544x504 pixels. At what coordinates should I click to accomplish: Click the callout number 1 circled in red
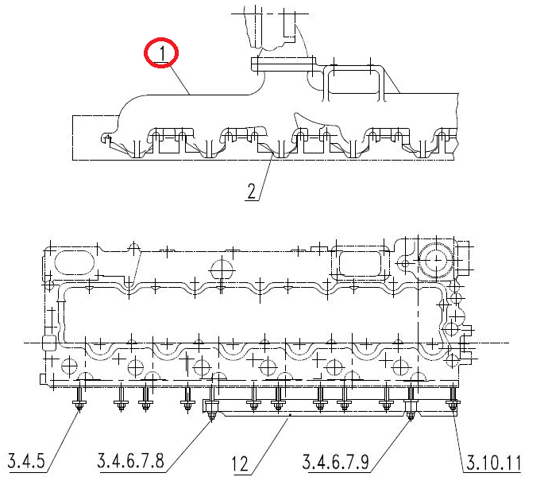coord(162,54)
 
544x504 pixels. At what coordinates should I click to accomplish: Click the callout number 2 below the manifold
coord(252,191)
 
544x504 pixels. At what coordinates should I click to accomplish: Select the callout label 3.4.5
coord(26,461)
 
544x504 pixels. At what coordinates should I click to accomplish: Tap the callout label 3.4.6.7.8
coord(130,461)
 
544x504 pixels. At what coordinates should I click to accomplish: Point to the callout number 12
coord(240,463)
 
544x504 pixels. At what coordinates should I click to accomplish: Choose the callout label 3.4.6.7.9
coord(335,462)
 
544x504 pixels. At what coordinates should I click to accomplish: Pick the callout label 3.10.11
coord(494,463)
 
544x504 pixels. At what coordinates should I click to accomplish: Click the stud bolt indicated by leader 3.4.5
coord(79,398)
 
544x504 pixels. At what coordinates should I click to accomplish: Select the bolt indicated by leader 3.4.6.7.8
coord(211,402)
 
